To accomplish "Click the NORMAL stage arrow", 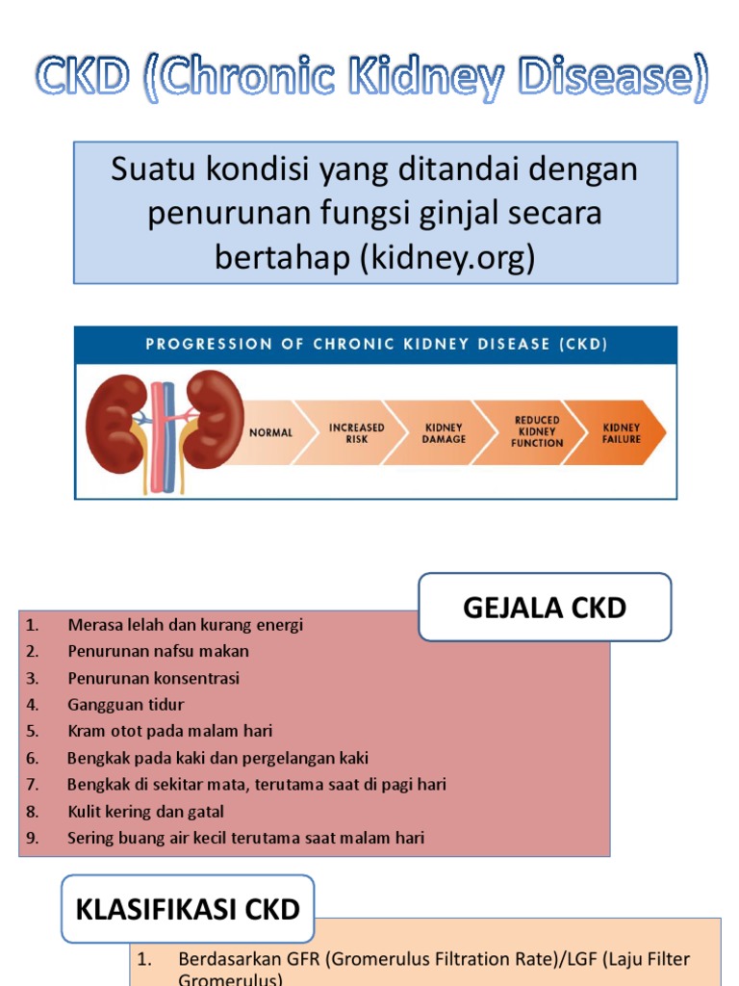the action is coord(270,432).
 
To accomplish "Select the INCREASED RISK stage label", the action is coord(356,432).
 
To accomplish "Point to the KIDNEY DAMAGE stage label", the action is coord(445,432).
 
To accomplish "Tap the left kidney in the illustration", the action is coord(116,423).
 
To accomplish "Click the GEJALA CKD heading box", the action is coord(545,608).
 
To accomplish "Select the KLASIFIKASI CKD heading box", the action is coord(188,909).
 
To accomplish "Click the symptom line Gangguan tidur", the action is coord(125,704).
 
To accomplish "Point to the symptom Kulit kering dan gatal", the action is coord(145,812).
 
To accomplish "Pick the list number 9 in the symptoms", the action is coord(33,838).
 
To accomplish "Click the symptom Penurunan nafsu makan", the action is coord(158,651).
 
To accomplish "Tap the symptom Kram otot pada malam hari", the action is coord(169,731).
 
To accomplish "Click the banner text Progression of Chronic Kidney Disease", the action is coord(376,344).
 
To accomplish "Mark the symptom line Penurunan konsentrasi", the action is coord(153,678).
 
